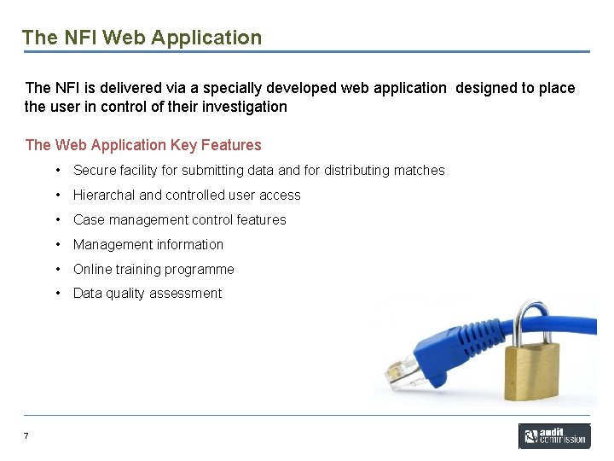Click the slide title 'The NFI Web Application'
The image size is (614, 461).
(x=142, y=38)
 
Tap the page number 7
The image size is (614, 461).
(x=26, y=436)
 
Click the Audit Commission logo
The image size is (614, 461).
(x=554, y=436)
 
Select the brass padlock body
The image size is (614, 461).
(x=530, y=368)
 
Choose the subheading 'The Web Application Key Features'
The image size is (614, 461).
(x=143, y=145)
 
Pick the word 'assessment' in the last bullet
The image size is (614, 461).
(x=192, y=294)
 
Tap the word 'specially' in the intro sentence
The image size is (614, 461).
(x=206, y=88)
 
